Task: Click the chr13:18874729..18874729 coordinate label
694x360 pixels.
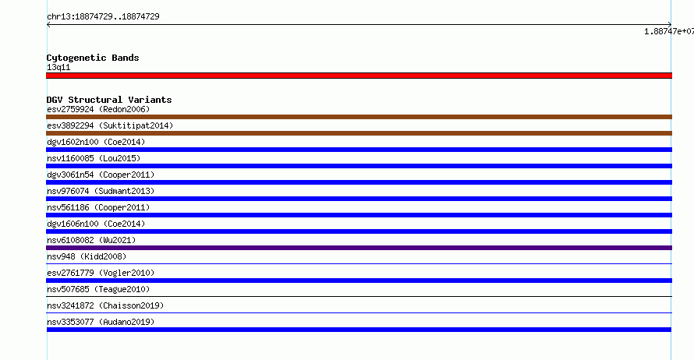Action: click(x=103, y=17)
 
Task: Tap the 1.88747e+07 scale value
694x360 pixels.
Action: click(x=669, y=31)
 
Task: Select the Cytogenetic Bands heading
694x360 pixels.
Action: click(x=93, y=58)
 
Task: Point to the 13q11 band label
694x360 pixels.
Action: click(x=58, y=67)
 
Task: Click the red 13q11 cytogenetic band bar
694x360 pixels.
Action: click(x=359, y=76)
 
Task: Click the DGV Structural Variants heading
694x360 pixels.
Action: click(x=109, y=100)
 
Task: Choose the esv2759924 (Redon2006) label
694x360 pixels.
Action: click(x=98, y=109)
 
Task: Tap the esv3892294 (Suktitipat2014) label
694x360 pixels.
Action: click(x=110, y=125)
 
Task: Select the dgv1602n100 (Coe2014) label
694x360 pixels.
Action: click(x=96, y=142)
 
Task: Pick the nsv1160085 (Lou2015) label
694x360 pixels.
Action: click(x=94, y=158)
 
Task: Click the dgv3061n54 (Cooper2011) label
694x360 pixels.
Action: click(x=101, y=175)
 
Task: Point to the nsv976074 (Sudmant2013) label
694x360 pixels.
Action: click(x=101, y=191)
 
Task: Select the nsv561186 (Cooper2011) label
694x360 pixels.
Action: click(x=98, y=207)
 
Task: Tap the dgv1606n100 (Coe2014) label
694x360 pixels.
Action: click(x=96, y=224)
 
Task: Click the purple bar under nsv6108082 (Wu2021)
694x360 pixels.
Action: click(x=359, y=248)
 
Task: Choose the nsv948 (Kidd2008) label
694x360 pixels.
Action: click(x=87, y=256)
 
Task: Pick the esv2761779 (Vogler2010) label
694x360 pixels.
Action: click(x=101, y=273)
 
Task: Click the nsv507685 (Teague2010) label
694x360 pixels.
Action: click(x=98, y=289)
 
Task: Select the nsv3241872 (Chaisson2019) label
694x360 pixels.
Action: click(x=105, y=305)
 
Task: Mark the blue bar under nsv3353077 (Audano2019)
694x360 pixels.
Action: click(x=359, y=330)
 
